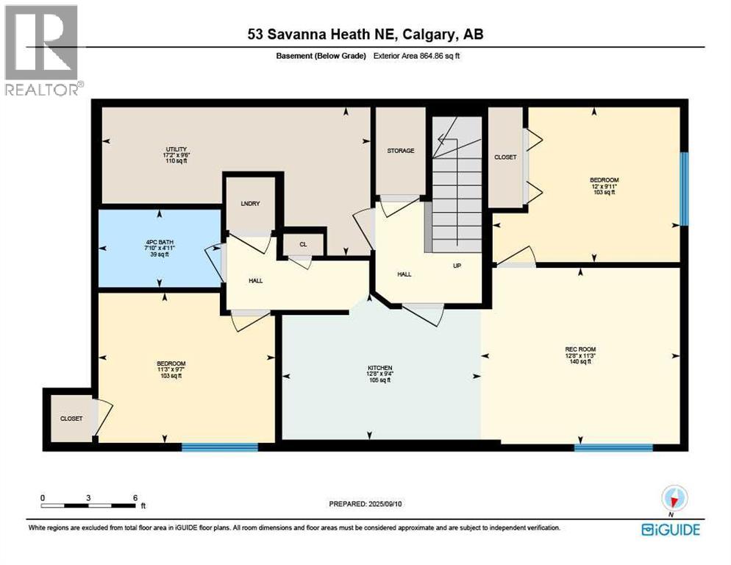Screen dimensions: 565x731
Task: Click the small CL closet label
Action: pyautogui.click(x=302, y=245)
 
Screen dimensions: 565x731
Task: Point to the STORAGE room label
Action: pyautogui.click(x=401, y=150)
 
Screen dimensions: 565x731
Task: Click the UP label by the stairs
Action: pyautogui.click(x=457, y=266)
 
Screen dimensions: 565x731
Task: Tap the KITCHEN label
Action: pyautogui.click(x=380, y=367)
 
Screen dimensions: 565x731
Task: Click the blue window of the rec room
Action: pyautogui.click(x=613, y=447)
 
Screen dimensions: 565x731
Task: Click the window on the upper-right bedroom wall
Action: pyautogui.click(x=684, y=188)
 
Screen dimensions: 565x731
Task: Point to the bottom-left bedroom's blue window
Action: pyautogui.click(x=220, y=447)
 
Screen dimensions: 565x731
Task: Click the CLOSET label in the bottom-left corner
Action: pyautogui.click(x=71, y=418)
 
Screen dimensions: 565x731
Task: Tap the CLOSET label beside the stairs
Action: pyautogui.click(x=505, y=157)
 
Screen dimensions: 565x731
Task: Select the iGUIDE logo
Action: pyautogui.click(x=670, y=530)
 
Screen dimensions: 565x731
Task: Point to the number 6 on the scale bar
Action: pyautogui.click(x=135, y=497)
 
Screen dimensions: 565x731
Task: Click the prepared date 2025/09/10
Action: pyautogui.click(x=365, y=504)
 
